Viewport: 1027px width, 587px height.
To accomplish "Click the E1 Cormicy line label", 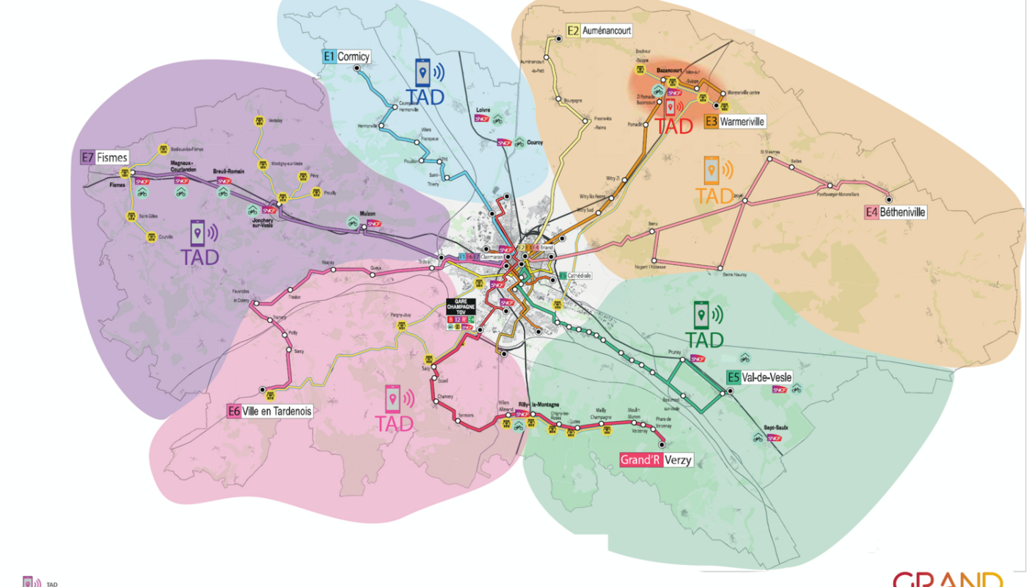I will [x=347, y=56].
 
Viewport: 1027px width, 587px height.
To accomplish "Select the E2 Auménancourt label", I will [x=599, y=32].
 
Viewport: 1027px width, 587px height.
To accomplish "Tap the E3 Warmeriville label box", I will [x=734, y=122].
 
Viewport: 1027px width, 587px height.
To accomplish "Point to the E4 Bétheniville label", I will [x=895, y=212].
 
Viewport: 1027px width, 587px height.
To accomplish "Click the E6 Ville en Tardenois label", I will [x=270, y=412].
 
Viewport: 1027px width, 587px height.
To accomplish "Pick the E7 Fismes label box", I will [x=104, y=157].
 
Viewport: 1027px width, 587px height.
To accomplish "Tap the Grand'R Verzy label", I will [x=656, y=460].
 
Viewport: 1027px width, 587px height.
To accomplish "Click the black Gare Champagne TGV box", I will [x=461, y=307].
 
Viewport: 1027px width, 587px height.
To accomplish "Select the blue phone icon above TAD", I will [x=423, y=73].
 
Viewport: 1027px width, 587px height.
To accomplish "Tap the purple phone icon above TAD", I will [x=198, y=233].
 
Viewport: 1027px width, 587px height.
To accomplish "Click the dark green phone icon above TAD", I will [x=702, y=314].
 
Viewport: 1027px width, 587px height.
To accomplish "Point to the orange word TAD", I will [x=714, y=196].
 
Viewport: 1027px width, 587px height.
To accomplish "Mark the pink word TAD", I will [x=394, y=423].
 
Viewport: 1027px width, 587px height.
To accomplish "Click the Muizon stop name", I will [x=367, y=214].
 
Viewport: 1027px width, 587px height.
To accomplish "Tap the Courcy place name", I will [x=535, y=142].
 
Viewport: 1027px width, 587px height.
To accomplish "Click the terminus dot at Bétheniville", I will [x=889, y=199].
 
